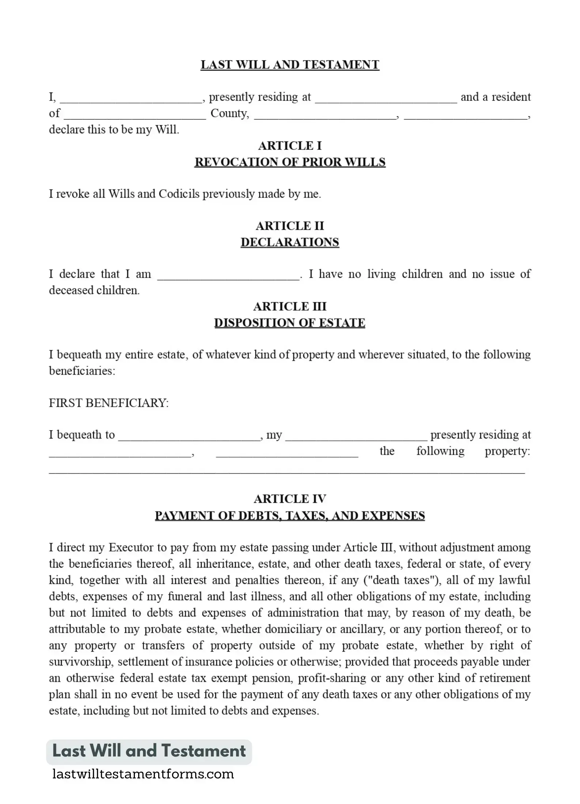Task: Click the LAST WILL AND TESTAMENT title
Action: (x=290, y=65)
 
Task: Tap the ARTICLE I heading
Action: (x=290, y=146)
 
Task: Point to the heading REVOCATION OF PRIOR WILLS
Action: (x=290, y=162)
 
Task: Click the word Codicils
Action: (x=179, y=194)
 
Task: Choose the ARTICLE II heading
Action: (x=290, y=226)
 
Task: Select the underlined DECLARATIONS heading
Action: (x=290, y=242)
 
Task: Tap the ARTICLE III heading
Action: (x=290, y=306)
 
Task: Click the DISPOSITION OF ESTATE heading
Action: (x=290, y=323)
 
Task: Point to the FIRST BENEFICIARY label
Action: (x=109, y=403)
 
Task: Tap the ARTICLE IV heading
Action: (x=290, y=499)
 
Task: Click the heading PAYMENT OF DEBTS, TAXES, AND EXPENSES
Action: (x=290, y=515)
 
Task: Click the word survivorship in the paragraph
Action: (x=81, y=662)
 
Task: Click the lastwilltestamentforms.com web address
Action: (x=143, y=774)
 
